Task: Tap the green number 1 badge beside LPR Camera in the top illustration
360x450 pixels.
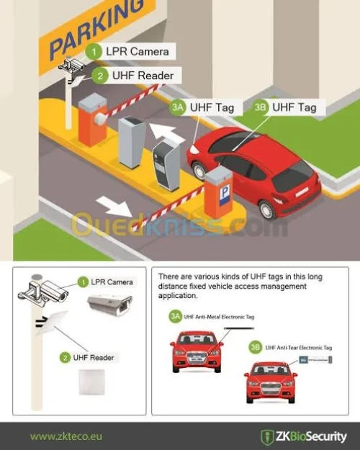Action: click(92, 52)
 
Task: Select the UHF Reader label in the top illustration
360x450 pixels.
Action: click(142, 75)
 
